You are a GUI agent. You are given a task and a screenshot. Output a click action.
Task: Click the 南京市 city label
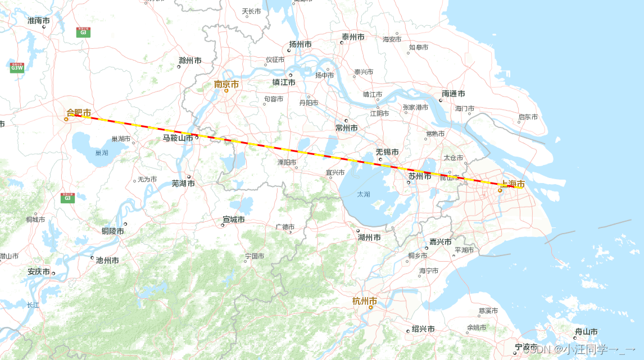pyautogui.click(x=226, y=84)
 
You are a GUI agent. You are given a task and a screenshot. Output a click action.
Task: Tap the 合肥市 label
pyautogui.click(x=79, y=113)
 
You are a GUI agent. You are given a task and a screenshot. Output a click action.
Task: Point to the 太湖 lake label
pyautogui.click(x=364, y=194)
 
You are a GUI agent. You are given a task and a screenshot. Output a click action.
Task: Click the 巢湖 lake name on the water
pyautogui.click(x=102, y=153)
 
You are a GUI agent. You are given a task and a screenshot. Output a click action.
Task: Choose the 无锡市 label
pyautogui.click(x=387, y=152)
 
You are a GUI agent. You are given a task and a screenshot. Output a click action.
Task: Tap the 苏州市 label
pyautogui.click(x=420, y=176)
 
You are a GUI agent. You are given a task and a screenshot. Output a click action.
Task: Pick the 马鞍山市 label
pyautogui.click(x=178, y=138)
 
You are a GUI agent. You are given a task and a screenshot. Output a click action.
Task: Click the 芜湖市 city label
pyautogui.click(x=183, y=184)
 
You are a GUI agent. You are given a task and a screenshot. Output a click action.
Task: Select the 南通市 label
pyautogui.click(x=453, y=94)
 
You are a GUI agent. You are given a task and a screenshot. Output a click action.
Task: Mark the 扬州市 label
pyautogui.click(x=300, y=44)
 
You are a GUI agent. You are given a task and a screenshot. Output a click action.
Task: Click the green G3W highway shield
pyautogui.click(x=17, y=67)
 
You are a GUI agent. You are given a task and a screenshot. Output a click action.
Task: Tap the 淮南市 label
pyautogui.click(x=39, y=21)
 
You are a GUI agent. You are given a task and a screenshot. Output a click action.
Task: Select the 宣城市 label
pyautogui.click(x=233, y=220)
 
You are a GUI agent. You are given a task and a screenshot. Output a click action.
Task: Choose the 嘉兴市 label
pyautogui.click(x=441, y=242)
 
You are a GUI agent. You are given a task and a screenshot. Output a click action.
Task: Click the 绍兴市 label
pyautogui.click(x=423, y=329)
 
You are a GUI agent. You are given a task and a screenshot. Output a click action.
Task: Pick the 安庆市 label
pyautogui.click(x=39, y=272)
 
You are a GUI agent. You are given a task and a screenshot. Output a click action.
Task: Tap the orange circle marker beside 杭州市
pyautogui.click(x=370, y=307)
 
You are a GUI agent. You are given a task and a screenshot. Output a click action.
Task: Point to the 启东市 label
pyautogui.click(x=528, y=117)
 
